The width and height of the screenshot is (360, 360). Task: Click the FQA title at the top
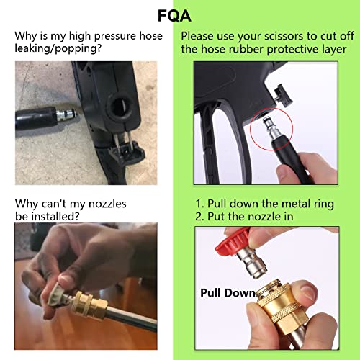coord(174,16)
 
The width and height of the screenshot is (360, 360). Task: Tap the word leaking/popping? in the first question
coord(58,49)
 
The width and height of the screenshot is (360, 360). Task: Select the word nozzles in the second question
coord(107,204)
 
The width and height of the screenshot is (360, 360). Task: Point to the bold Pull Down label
coord(228,293)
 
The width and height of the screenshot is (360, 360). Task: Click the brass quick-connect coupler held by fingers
coord(279,307)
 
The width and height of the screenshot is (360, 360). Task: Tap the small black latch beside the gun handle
coord(283,95)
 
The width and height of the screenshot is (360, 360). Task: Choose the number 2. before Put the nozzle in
coord(199,217)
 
